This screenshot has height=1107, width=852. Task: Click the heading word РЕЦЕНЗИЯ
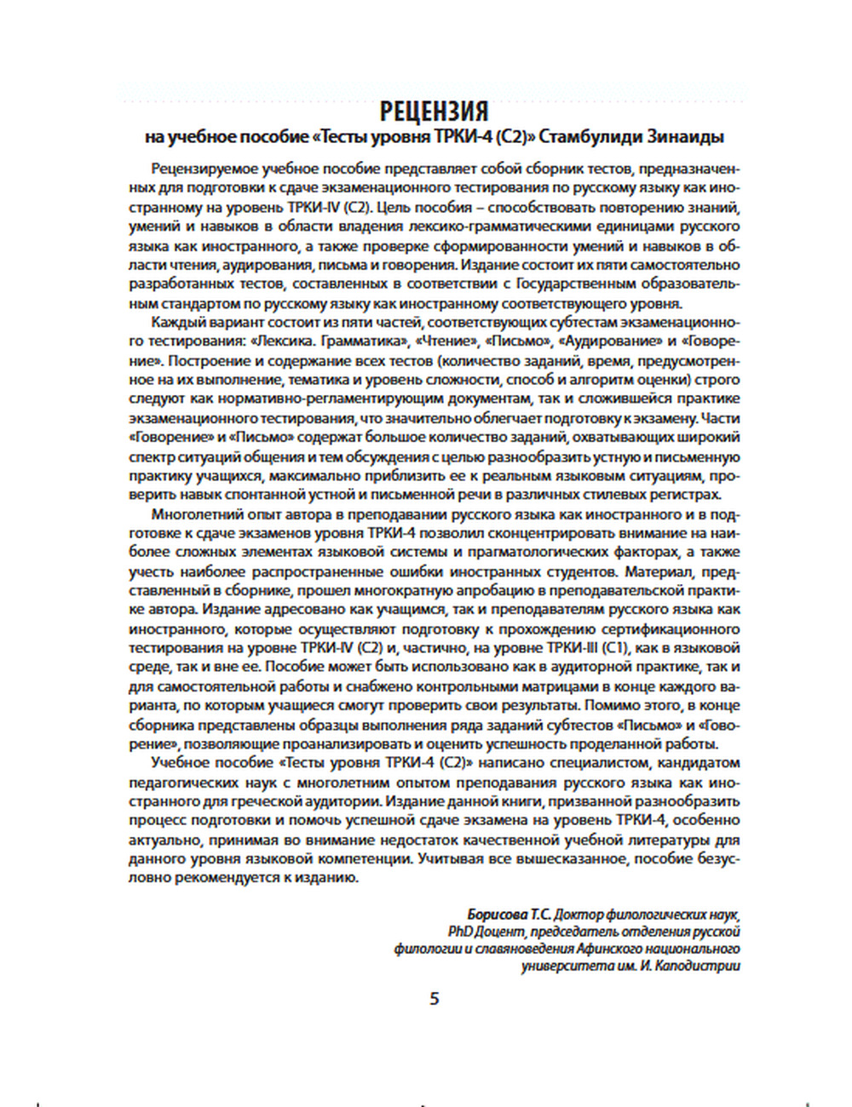click(x=434, y=111)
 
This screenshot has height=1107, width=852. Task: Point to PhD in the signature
click(x=461, y=932)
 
